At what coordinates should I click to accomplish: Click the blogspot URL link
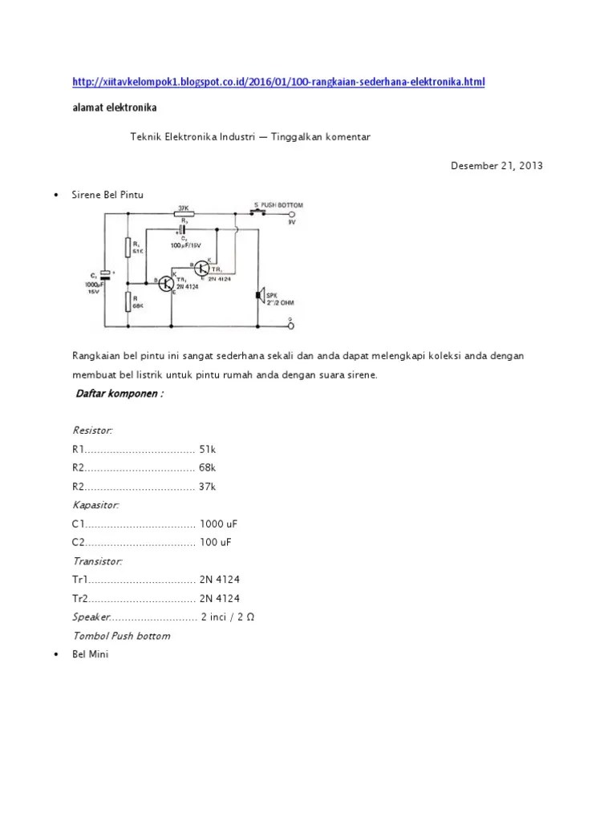coord(278,82)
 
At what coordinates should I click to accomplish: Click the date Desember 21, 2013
coord(496,166)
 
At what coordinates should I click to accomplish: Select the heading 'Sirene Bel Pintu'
coord(108,195)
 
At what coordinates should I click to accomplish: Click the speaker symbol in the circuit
coord(258,296)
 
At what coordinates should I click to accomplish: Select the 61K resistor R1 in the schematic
coord(128,248)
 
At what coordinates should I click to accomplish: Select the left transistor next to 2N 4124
coord(167,284)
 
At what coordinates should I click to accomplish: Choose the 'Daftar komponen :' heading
coord(120,394)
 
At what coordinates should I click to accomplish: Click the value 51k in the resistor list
coord(208,449)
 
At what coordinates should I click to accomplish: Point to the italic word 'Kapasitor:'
coord(95,505)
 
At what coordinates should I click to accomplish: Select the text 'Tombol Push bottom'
coord(121,636)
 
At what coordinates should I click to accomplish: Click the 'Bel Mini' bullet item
coord(90,655)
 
